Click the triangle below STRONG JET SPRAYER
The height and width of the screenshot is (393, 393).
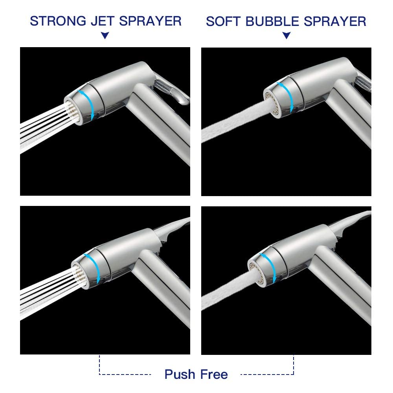tap(105, 36)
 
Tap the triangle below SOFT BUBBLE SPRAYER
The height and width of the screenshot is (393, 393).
tap(286, 36)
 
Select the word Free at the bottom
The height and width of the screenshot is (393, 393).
tap(214, 374)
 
